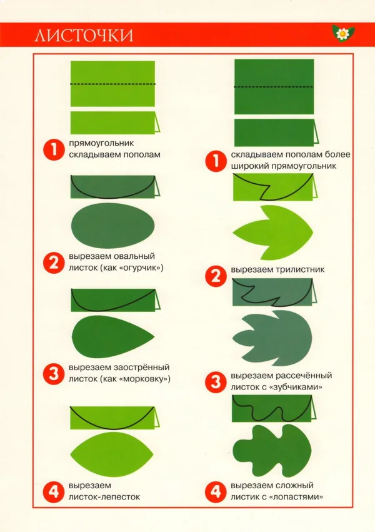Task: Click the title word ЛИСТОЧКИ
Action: [84, 36]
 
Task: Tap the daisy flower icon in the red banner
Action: [342, 33]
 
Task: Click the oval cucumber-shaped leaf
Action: [112, 226]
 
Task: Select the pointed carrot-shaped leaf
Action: [113, 337]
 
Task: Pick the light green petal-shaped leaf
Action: [112, 454]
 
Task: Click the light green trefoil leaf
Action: [273, 233]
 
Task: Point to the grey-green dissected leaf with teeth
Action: [272, 338]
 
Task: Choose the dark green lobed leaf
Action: [272, 450]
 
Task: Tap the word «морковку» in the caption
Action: [145, 379]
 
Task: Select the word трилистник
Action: [300, 269]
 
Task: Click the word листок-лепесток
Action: [104, 497]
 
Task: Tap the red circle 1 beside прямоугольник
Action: [54, 149]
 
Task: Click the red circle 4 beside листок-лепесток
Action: [54, 491]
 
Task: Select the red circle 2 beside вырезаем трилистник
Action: [216, 276]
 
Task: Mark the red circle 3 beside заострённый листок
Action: [54, 374]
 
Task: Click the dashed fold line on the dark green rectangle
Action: [274, 87]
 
